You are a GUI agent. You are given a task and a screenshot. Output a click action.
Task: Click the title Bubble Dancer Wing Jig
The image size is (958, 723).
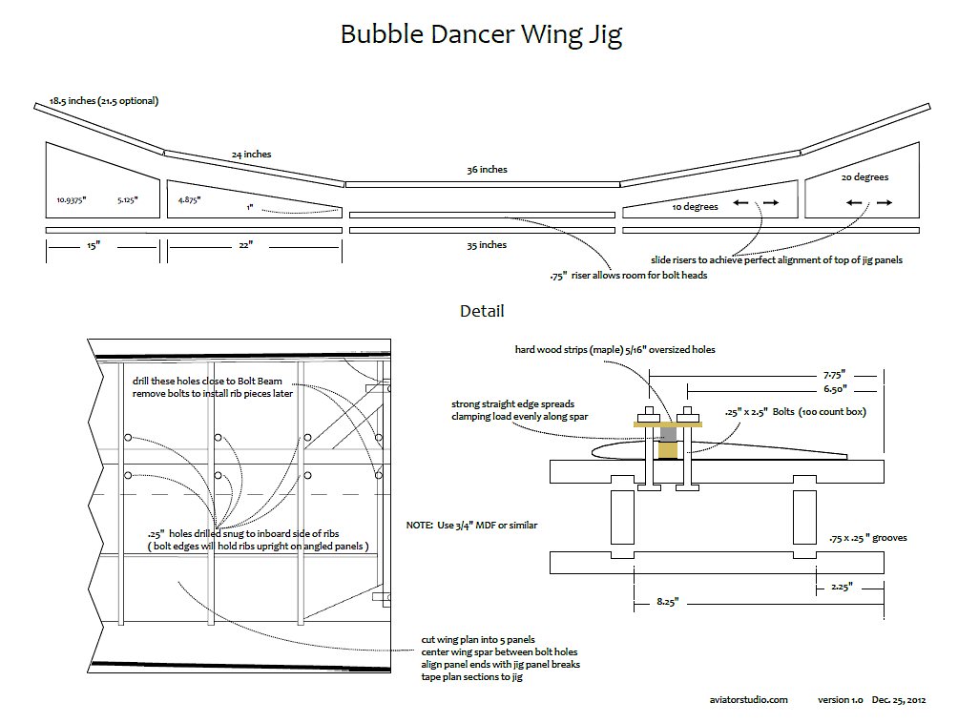click(481, 35)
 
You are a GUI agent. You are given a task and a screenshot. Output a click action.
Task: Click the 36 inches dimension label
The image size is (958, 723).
click(487, 170)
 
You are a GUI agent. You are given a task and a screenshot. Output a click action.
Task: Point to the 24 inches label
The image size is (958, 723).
click(251, 154)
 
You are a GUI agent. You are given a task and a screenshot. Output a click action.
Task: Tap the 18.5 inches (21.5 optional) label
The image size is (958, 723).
click(104, 100)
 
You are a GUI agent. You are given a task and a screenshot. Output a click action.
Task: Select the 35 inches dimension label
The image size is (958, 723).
click(487, 245)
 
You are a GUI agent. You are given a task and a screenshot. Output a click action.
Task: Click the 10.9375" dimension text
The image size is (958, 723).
click(73, 200)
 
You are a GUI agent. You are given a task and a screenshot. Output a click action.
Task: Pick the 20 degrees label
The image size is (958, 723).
click(864, 177)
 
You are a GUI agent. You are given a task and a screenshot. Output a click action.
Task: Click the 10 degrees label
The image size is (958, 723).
click(695, 206)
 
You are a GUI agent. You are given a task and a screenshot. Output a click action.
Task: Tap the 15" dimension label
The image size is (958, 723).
click(93, 246)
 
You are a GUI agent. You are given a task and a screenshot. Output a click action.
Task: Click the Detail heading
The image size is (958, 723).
click(482, 311)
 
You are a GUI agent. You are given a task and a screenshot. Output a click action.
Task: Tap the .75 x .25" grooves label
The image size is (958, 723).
click(868, 538)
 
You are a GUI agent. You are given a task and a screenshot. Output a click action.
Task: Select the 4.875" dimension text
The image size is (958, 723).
click(189, 200)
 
